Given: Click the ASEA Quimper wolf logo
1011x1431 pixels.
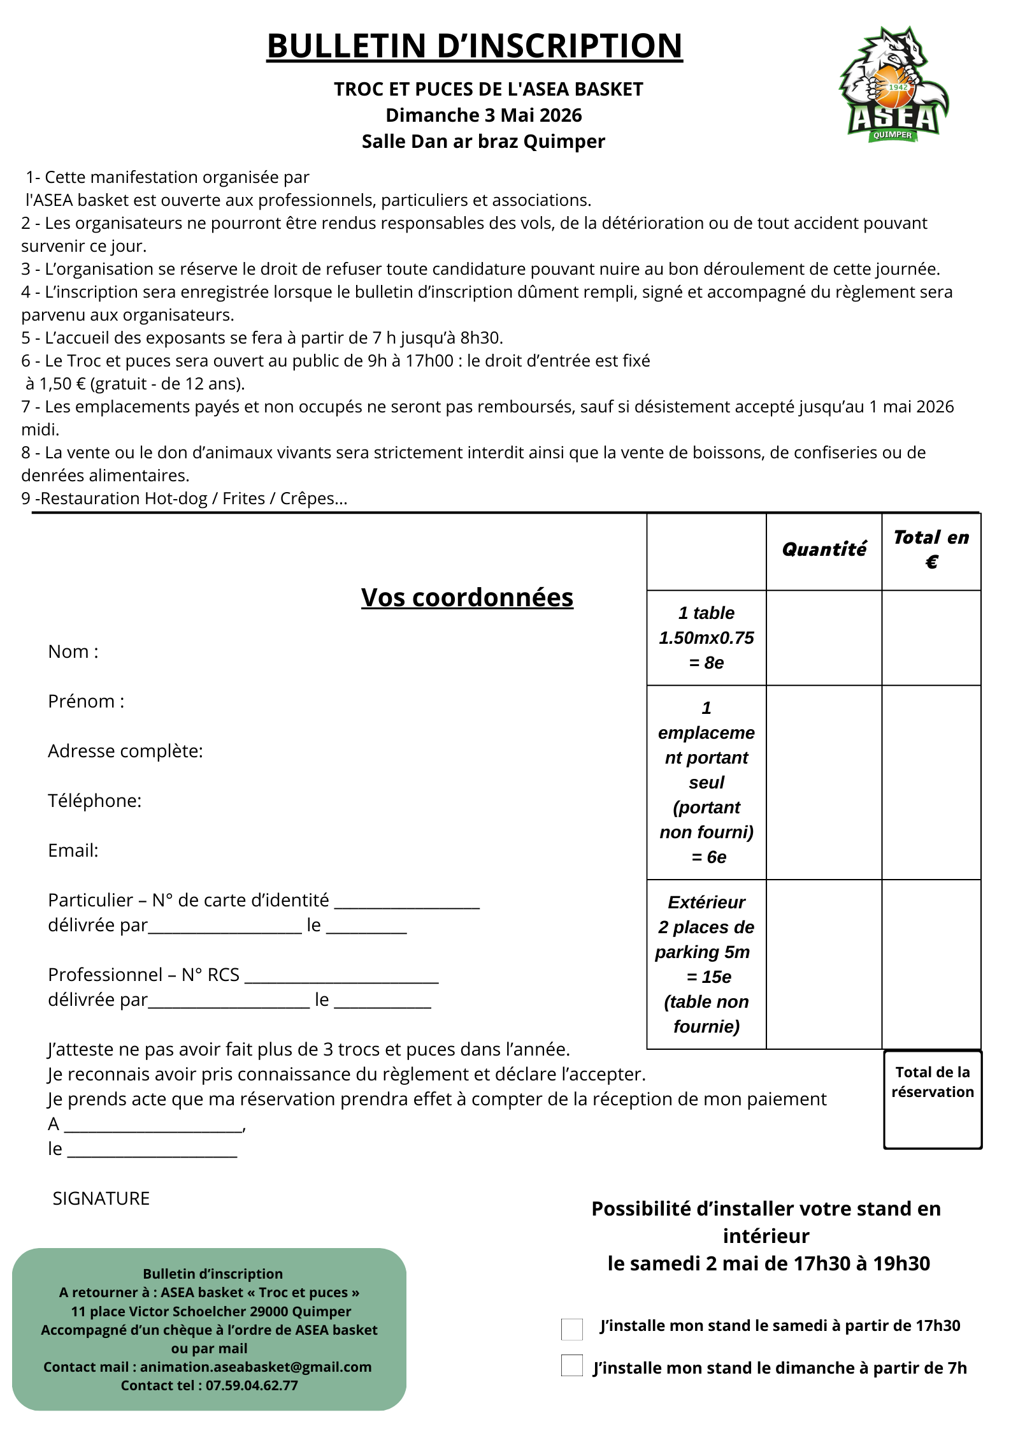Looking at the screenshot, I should point(893,85).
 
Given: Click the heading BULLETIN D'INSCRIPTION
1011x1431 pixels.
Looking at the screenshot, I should point(474,46).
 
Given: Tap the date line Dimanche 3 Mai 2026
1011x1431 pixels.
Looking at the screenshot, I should point(484,115).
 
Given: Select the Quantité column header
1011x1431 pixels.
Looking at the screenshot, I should point(824,549).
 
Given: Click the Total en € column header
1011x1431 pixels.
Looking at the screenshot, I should point(931,549).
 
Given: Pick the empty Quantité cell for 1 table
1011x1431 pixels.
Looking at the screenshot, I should point(824,638).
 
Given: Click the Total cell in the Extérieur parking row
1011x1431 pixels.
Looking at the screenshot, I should point(931,964).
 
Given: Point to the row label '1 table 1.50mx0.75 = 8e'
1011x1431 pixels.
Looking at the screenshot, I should point(706,638).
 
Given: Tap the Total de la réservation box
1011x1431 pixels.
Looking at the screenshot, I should point(933,1100).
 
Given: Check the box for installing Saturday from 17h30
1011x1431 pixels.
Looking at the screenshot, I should point(572,1330).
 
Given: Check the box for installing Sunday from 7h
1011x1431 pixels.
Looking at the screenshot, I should point(572,1365).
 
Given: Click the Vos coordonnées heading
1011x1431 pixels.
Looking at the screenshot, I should point(467,598).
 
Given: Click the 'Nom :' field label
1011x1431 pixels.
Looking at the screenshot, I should point(73,652).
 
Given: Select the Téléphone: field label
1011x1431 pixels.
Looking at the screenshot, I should point(95,801).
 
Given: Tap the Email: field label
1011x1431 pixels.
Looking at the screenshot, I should point(73,851).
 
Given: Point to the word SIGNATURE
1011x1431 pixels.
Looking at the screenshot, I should point(101,1199).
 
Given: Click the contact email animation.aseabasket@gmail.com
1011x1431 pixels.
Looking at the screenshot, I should point(255,1367).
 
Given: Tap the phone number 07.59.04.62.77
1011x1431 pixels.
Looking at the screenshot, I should point(252,1385).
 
